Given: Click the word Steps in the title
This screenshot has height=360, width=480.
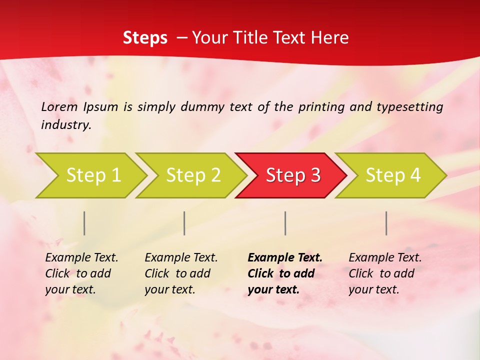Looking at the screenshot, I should [x=145, y=38].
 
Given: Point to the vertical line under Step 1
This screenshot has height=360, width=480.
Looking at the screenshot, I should [x=84, y=223].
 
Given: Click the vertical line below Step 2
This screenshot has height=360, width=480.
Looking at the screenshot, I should [x=184, y=223].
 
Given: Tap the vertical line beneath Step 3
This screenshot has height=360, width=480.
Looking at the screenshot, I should [x=285, y=223].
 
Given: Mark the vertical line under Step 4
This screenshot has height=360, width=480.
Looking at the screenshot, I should [x=386, y=223].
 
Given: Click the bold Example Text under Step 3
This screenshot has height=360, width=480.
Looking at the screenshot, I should [x=285, y=258].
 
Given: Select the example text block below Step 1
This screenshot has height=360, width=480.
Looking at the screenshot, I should [x=81, y=273].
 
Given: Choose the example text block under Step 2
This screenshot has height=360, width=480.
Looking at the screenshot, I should [x=181, y=273].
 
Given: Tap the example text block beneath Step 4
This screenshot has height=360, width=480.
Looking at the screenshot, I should [x=385, y=273].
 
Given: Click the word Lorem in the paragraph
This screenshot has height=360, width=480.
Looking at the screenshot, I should [x=59, y=106].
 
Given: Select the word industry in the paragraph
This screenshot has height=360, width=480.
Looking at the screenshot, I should [x=65, y=125].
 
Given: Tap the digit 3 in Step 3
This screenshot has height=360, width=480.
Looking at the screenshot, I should [x=315, y=175].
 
